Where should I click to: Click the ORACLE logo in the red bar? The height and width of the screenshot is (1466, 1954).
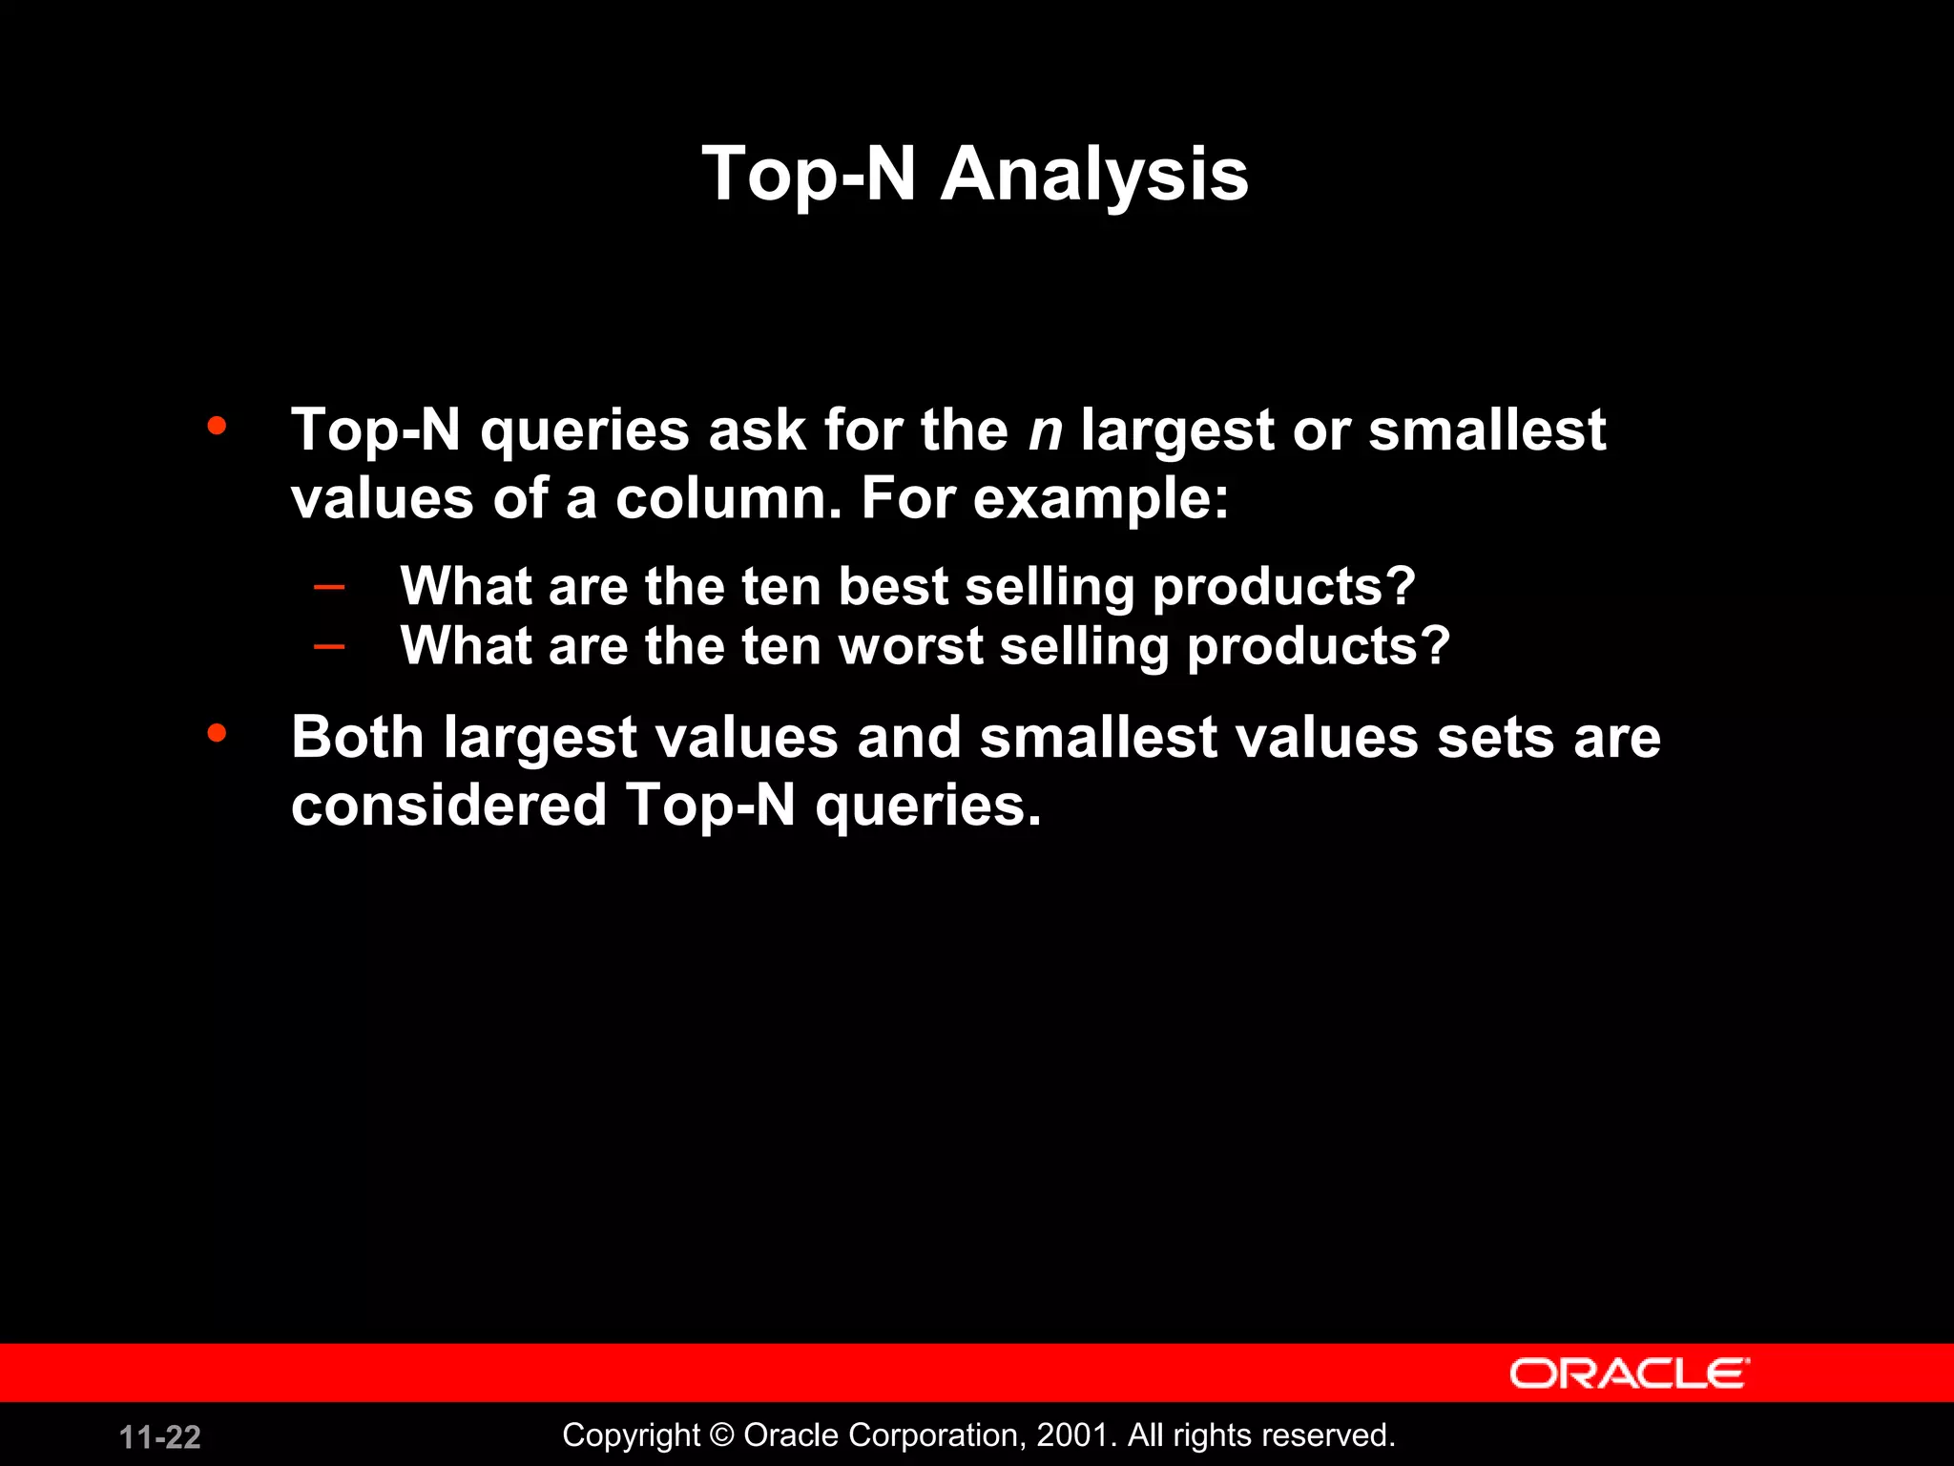(x=1629, y=1373)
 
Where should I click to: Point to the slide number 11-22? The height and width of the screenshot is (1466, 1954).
(x=160, y=1436)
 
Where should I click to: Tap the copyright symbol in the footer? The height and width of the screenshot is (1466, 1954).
(x=722, y=1435)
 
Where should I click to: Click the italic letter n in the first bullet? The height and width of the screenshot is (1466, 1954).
(x=1045, y=431)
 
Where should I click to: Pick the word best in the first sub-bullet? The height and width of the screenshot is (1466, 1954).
(x=893, y=586)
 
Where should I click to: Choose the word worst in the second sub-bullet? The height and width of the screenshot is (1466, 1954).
(x=910, y=646)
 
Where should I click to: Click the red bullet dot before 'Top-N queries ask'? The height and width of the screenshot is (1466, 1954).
(x=218, y=426)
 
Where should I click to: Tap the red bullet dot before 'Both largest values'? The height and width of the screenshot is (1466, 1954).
(x=218, y=733)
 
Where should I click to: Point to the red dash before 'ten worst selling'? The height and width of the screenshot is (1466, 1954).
(x=329, y=647)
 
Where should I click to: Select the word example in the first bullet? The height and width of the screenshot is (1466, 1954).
(x=1101, y=500)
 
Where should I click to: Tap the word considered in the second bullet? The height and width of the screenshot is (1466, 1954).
(x=449, y=806)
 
